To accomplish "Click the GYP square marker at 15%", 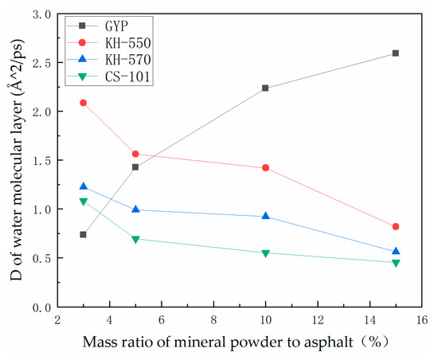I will coord(396,53).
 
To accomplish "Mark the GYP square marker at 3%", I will coord(83,234).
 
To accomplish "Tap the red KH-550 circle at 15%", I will coord(396,227).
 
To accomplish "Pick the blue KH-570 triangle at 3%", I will coord(83,186).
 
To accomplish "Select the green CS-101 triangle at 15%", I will coord(396,263).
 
